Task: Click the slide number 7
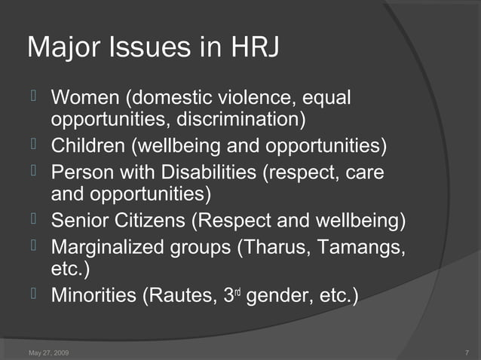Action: [x=468, y=352]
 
